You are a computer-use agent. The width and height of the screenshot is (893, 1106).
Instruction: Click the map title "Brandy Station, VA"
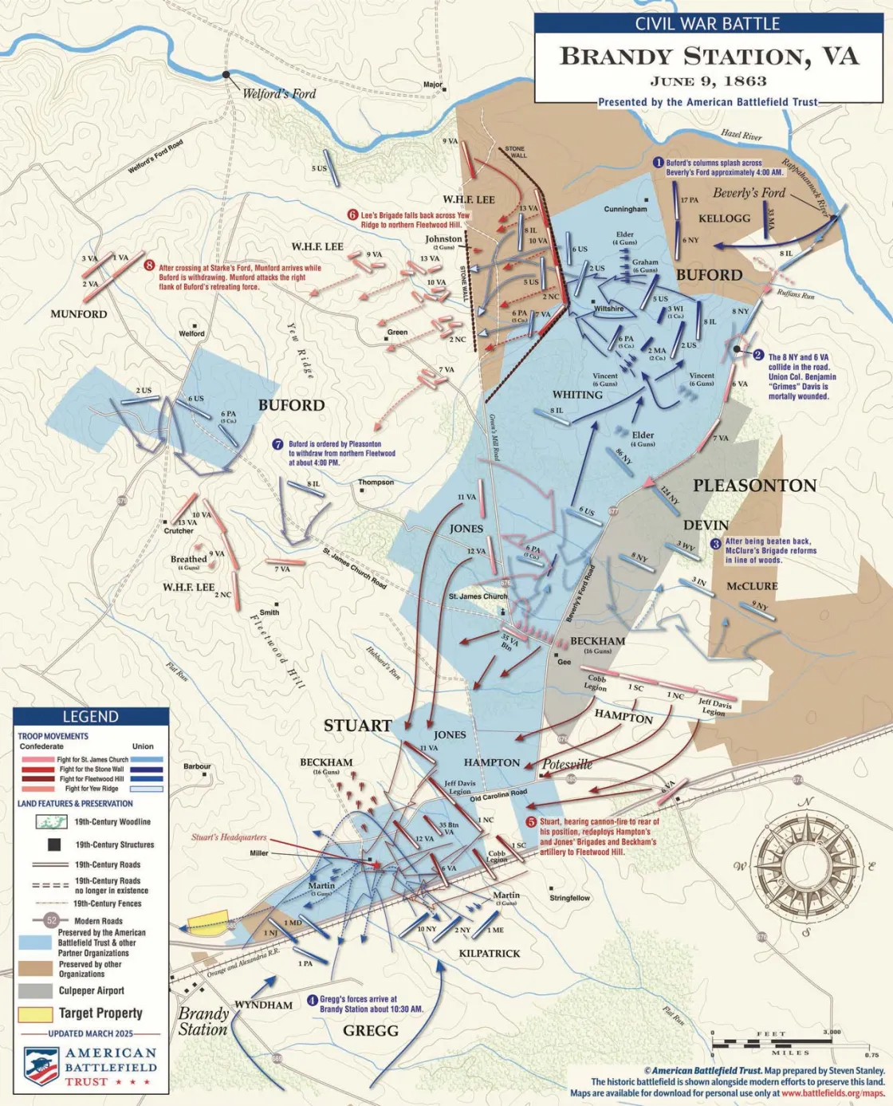tap(709, 57)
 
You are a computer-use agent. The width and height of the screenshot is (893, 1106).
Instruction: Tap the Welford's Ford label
tap(279, 94)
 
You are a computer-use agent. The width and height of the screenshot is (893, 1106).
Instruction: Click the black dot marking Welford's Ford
tap(226, 75)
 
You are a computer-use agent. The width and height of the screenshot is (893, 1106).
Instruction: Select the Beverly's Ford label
tap(749, 193)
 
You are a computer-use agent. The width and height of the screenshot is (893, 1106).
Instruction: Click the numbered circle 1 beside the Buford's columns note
tap(659, 163)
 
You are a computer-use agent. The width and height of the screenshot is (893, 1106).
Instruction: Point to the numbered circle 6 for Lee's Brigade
tap(352, 215)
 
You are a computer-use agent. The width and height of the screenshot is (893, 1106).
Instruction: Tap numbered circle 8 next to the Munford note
tap(149, 266)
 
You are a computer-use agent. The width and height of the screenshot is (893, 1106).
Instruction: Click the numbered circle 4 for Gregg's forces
tap(313, 1000)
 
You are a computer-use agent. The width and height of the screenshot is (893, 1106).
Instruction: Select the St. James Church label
tap(478, 596)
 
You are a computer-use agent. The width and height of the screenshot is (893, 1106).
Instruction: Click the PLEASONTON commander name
tap(754, 486)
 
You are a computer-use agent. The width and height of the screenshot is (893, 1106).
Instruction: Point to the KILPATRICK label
tap(490, 954)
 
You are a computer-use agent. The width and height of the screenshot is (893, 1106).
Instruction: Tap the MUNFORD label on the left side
tap(79, 314)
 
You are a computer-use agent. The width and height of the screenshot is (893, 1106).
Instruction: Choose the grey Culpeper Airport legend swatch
tap(35, 991)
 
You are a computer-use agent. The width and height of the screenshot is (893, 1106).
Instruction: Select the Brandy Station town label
tap(203, 1021)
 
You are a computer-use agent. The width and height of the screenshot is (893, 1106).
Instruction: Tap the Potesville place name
tap(568, 765)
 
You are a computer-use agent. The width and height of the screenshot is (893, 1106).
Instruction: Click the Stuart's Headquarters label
tap(229, 837)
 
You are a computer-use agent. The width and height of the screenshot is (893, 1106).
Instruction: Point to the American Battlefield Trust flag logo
tap(41, 1067)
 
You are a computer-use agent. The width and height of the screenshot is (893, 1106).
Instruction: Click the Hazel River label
tap(742, 136)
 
